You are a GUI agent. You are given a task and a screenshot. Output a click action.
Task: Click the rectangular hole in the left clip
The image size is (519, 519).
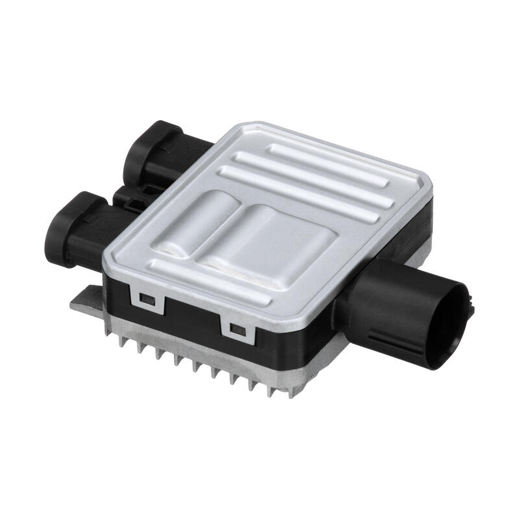click(x=147, y=299)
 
